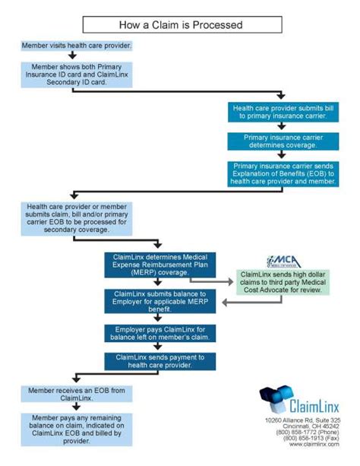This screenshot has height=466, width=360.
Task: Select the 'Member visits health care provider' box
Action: pyautogui.click(x=77, y=46)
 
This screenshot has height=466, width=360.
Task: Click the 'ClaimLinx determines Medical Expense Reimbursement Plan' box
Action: pyautogui.click(x=159, y=265)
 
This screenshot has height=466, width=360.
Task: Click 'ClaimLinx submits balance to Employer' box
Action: pyautogui.click(x=159, y=301)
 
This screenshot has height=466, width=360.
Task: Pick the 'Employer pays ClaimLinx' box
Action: pyautogui.click(x=159, y=331)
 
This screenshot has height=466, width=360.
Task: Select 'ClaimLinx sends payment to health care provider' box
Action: pyautogui.click(x=159, y=360)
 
